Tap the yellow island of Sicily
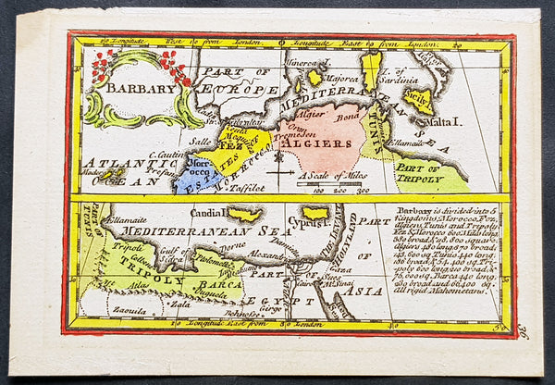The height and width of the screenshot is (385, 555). click(x=418, y=100)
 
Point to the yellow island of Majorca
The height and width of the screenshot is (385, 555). click(x=315, y=78)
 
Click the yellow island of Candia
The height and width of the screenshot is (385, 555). click(x=244, y=214)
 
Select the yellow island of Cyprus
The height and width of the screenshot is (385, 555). click(x=314, y=214)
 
